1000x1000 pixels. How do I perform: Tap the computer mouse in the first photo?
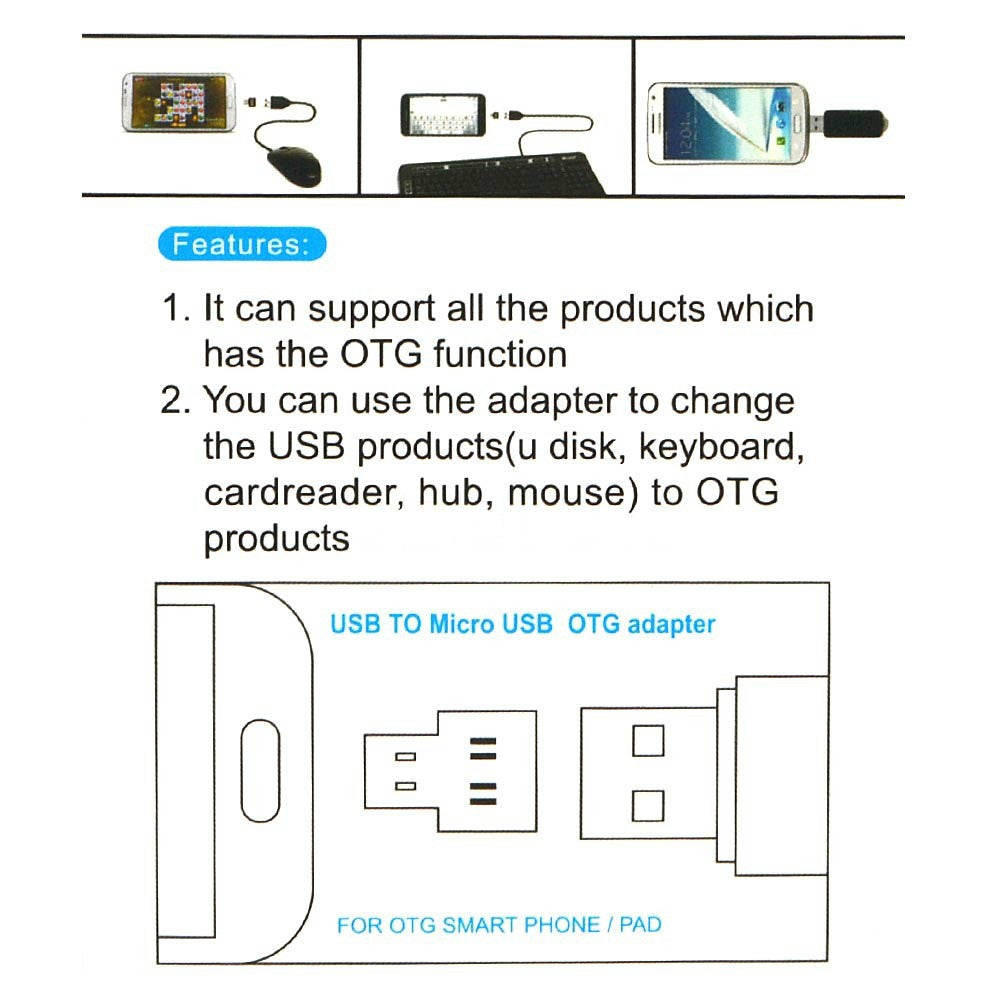click(295, 164)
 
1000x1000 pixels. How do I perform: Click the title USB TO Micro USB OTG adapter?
click(522, 625)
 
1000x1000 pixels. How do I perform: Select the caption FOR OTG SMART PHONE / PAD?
click(499, 925)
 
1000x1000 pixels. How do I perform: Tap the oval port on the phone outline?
click(260, 769)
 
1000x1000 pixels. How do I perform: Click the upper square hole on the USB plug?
click(649, 740)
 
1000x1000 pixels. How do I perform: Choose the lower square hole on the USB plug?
click(649, 805)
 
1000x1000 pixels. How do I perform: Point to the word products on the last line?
click(277, 539)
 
